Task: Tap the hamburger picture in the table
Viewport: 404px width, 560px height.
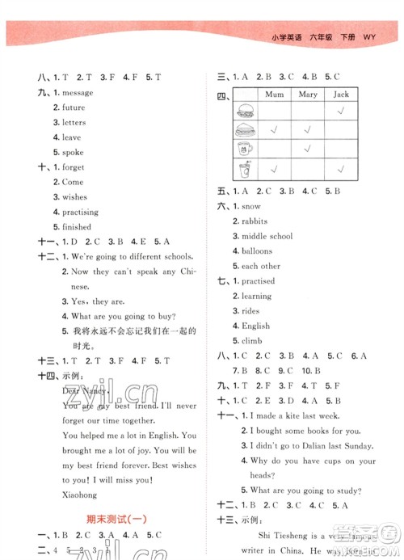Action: click(x=245, y=111)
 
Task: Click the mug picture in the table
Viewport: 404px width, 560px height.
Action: click(x=245, y=149)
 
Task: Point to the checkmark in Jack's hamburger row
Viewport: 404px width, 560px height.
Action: click(x=340, y=111)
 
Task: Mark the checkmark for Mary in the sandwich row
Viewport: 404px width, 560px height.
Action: click(x=307, y=129)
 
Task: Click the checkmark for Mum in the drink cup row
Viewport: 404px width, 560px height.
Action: click(x=276, y=169)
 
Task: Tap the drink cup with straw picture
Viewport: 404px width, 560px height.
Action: click(x=245, y=169)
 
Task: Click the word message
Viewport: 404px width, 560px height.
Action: click(x=77, y=92)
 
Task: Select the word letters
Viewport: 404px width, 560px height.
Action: click(x=74, y=123)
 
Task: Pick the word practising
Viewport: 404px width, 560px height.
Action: click(x=81, y=212)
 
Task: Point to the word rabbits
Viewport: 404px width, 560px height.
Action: click(x=256, y=221)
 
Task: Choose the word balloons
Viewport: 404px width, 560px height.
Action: click(x=257, y=251)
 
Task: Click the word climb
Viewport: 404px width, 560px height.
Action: click(x=252, y=341)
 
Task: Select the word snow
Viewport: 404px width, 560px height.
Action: click(x=251, y=206)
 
